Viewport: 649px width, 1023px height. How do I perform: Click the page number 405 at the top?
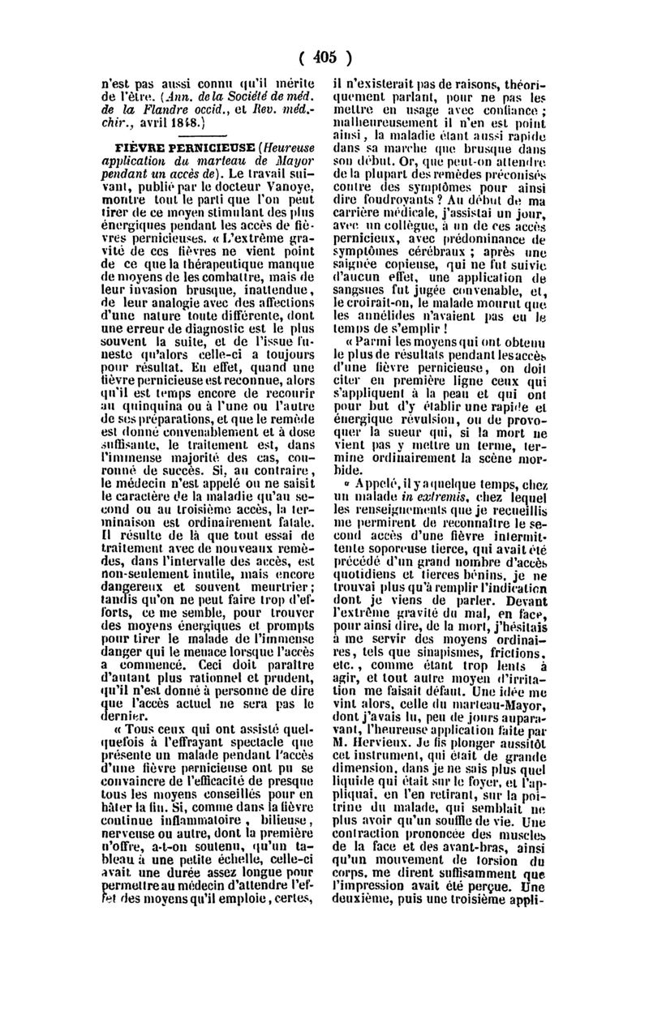[x=324, y=58]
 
